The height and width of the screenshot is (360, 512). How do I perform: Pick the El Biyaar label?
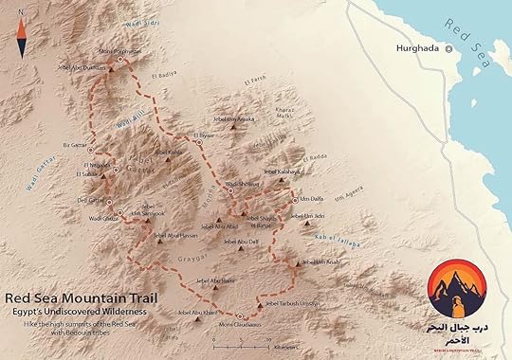click(x=206, y=135)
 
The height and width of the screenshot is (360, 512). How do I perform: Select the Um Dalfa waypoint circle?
click(x=294, y=199)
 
